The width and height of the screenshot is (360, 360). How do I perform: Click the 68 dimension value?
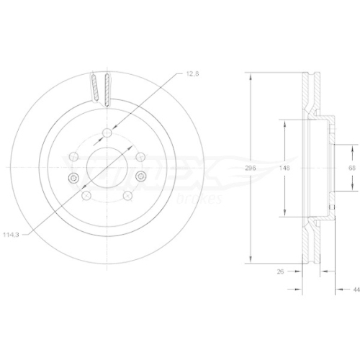tap(351, 167)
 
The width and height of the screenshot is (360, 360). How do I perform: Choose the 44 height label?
tap(356, 289)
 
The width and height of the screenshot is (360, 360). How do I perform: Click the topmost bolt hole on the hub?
tap(107, 131)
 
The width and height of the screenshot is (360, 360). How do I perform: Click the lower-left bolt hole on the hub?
tap(86, 195)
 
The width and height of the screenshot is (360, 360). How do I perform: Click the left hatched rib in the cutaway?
tap(94, 88)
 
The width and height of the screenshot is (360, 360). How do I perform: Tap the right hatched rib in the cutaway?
tap(107, 88)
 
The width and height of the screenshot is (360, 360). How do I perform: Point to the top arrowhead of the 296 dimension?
tap(250, 74)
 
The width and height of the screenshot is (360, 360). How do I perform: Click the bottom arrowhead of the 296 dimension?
tap(250, 261)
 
